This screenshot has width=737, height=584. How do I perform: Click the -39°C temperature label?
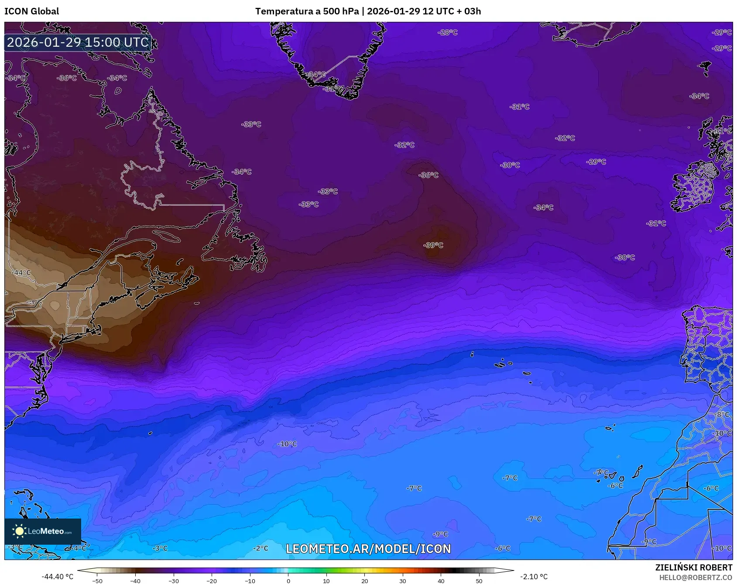point(433,245)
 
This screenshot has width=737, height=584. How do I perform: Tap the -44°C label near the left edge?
point(21,273)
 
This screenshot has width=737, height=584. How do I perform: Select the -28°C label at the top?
point(447,32)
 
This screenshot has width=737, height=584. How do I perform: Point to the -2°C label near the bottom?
point(261,548)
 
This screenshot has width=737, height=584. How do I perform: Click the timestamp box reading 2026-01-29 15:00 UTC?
point(78,42)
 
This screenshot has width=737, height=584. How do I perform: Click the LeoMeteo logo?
point(43,531)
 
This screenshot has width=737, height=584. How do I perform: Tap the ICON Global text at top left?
point(31,11)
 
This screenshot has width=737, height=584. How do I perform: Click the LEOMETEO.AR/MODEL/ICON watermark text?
point(368,549)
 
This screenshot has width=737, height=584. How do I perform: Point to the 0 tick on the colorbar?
point(288,581)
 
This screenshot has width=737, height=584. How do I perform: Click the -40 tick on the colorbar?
point(135,581)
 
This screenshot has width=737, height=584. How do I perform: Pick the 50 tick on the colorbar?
point(479,581)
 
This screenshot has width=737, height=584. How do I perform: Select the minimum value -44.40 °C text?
point(57,577)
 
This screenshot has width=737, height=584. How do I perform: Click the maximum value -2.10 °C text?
point(534,577)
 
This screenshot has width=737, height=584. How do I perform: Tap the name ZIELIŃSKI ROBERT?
point(693,567)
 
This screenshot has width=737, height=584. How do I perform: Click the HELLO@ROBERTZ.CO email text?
point(696,577)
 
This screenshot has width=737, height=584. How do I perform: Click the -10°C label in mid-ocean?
point(287,444)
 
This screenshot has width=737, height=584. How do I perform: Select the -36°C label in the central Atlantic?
point(428,175)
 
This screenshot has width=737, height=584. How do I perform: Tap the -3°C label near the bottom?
point(160,548)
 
